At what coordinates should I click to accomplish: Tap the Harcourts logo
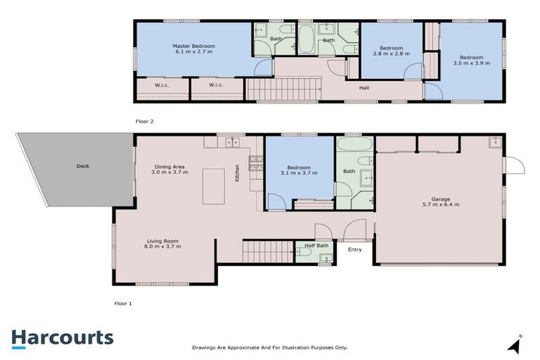(x=62, y=337)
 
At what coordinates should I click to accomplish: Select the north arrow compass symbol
(x=517, y=345)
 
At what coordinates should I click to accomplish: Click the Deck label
(x=83, y=167)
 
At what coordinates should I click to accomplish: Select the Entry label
(x=354, y=249)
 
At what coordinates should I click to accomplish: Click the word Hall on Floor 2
(x=364, y=88)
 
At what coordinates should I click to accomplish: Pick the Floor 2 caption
(x=144, y=121)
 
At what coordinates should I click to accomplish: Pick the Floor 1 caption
(x=123, y=304)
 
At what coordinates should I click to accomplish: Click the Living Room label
(x=163, y=243)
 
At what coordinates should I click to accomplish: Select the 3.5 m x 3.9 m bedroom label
(x=472, y=60)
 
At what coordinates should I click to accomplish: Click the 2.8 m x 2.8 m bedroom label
(x=390, y=50)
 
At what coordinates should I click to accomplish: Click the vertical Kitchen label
(x=238, y=172)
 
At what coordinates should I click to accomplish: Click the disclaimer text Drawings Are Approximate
(x=269, y=347)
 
